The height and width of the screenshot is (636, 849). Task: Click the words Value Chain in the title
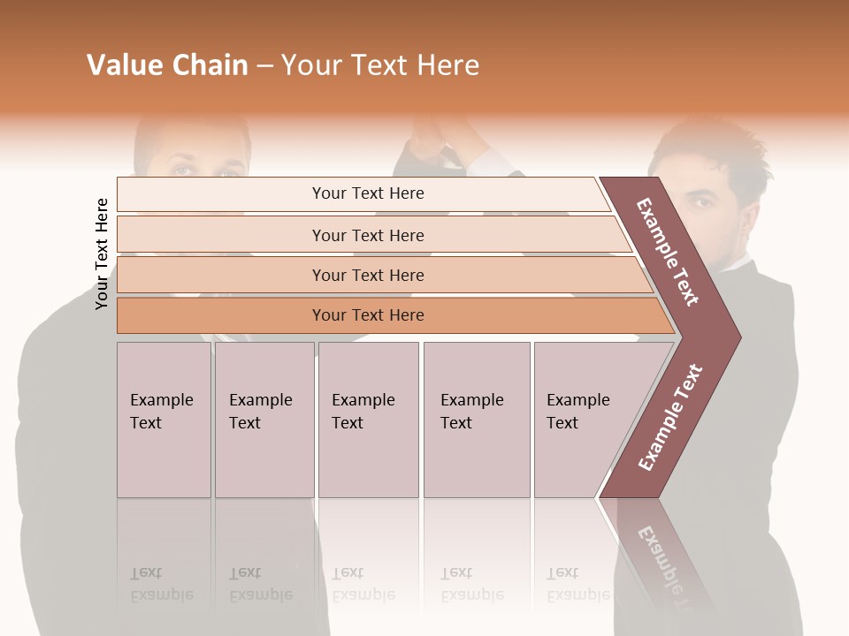coord(167,65)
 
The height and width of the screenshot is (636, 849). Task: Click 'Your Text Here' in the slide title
coord(380,65)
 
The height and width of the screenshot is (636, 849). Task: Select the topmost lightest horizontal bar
coord(367,193)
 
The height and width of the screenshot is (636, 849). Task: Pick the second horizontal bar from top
coord(367,235)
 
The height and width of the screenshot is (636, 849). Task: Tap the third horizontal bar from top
coord(367,275)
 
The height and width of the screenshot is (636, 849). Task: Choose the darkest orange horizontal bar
coord(367,315)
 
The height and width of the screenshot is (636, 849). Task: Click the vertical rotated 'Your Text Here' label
coord(102,254)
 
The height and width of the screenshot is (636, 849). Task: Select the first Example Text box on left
coord(164,420)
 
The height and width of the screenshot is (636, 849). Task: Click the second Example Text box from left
coord(264,420)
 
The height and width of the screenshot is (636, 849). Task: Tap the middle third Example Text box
coord(368,420)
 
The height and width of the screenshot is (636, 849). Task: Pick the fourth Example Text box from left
coord(476,420)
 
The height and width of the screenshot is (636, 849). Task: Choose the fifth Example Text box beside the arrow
coord(584,420)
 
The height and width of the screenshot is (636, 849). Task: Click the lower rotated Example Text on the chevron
coord(669,417)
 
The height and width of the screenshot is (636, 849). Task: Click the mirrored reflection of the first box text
coord(161,584)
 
